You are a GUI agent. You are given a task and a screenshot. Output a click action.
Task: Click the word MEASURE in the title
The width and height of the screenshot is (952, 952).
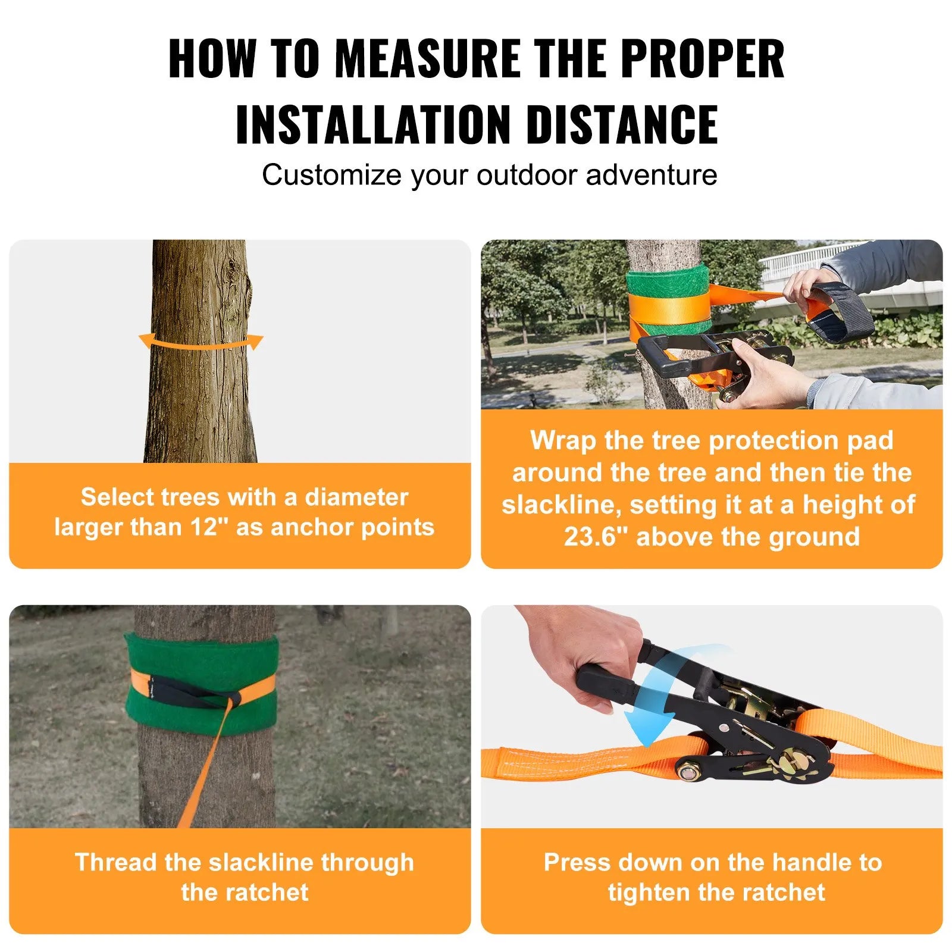[x=429, y=58]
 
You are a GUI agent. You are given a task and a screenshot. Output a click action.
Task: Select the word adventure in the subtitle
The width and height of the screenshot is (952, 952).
[x=651, y=175]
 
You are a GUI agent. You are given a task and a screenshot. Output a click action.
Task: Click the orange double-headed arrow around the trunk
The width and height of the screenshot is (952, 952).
[x=201, y=343]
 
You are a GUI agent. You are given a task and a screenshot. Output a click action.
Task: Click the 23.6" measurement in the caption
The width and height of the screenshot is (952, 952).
[x=596, y=537]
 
